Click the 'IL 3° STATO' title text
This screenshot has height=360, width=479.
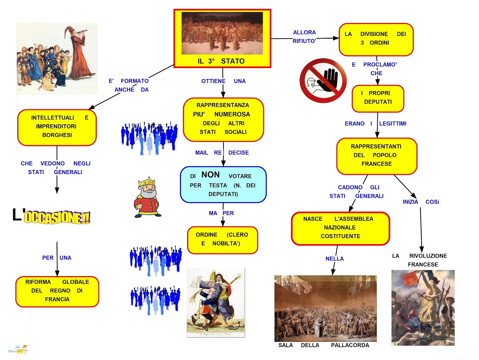click(x=221, y=61)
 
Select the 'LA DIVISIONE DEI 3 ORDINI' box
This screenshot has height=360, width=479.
click(x=376, y=39)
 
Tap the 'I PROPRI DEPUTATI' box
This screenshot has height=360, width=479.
click(x=378, y=98)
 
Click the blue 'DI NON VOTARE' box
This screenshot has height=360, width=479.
click(x=223, y=184)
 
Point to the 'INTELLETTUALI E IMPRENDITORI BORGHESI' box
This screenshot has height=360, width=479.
click(x=57, y=127)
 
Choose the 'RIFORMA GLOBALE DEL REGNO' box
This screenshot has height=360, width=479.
click(x=57, y=291)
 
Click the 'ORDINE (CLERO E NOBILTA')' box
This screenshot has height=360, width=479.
click(x=222, y=240)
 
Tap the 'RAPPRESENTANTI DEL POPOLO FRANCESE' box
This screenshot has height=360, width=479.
click(x=377, y=156)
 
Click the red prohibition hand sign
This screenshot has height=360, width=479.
click(x=323, y=81)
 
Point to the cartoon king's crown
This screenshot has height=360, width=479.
click(x=147, y=182)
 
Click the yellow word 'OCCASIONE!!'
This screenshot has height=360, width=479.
click(x=57, y=217)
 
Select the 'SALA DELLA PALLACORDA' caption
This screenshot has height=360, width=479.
click(x=324, y=345)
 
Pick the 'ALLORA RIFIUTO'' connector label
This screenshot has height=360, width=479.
click(x=304, y=37)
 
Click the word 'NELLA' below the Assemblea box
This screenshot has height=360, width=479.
click(x=334, y=259)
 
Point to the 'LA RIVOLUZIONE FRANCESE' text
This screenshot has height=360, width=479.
click(x=422, y=260)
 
